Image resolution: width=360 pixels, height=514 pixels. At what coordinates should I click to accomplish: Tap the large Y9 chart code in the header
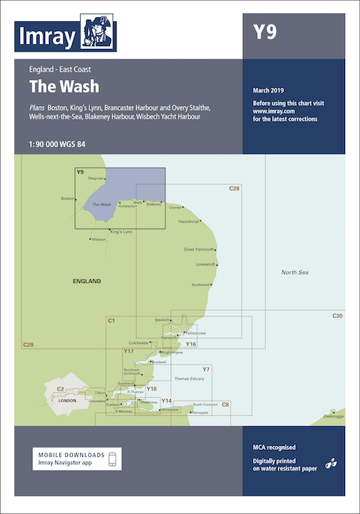click(264, 32)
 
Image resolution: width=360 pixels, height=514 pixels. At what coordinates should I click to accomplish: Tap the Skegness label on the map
click(97, 179)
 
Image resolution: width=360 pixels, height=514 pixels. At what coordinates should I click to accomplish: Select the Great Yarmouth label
click(199, 250)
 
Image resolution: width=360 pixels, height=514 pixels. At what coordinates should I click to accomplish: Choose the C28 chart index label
click(233, 188)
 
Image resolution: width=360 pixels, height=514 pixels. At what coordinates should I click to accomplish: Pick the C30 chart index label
click(337, 316)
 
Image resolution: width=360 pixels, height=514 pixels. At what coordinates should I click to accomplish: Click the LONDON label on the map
click(67, 401)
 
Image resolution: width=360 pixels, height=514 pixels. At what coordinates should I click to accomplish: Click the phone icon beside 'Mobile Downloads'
click(113, 459)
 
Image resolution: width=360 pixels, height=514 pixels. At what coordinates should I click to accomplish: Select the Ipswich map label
click(161, 319)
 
